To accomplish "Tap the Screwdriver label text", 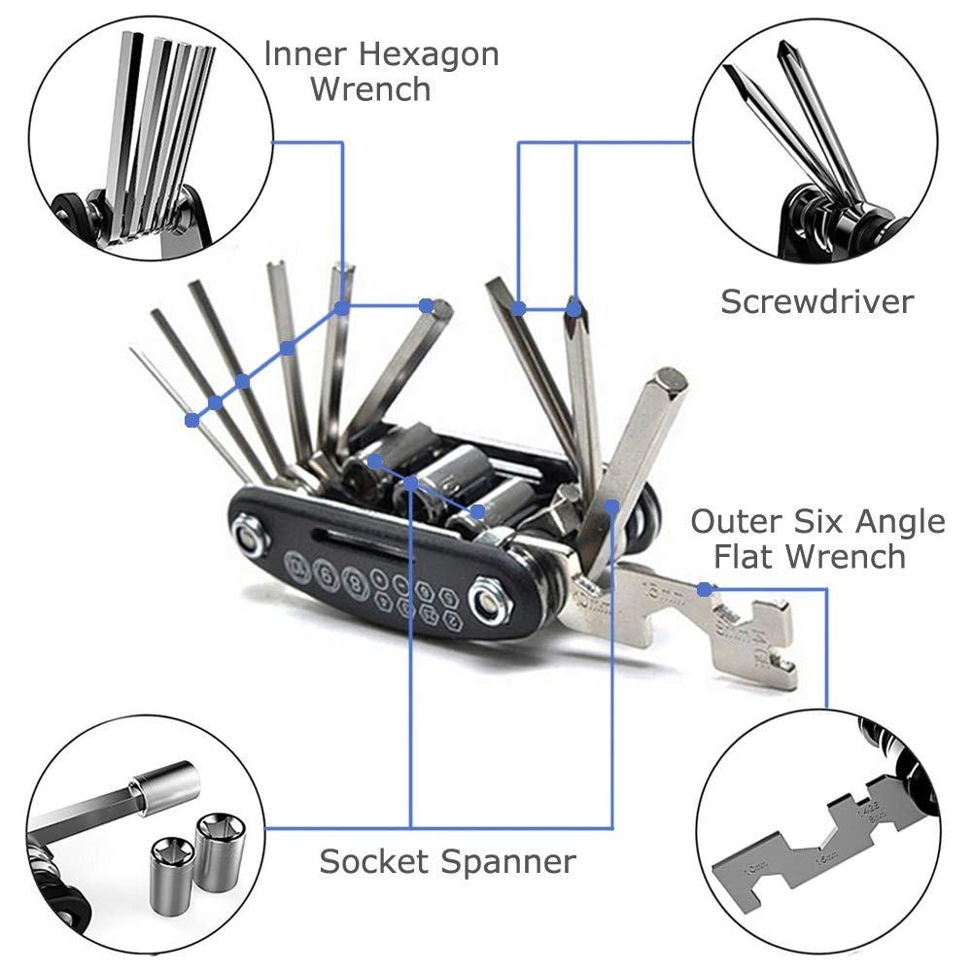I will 816,301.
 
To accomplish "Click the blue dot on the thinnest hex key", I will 192,420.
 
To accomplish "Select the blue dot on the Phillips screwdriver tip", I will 573,309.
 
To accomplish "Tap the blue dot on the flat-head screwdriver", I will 519,309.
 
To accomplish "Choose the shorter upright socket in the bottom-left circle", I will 174,870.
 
